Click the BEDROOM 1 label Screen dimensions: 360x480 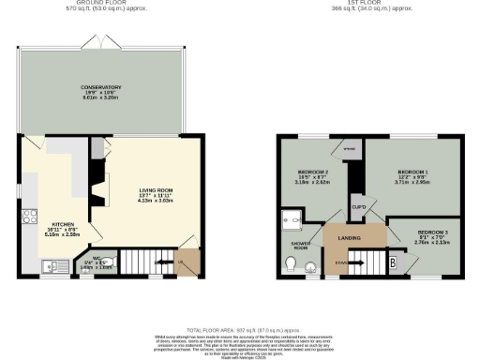coord(412,173)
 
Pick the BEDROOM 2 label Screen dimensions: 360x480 coord(311,173)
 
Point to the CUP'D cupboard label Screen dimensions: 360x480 coord(358,206)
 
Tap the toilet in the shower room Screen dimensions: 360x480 coord(297,267)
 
